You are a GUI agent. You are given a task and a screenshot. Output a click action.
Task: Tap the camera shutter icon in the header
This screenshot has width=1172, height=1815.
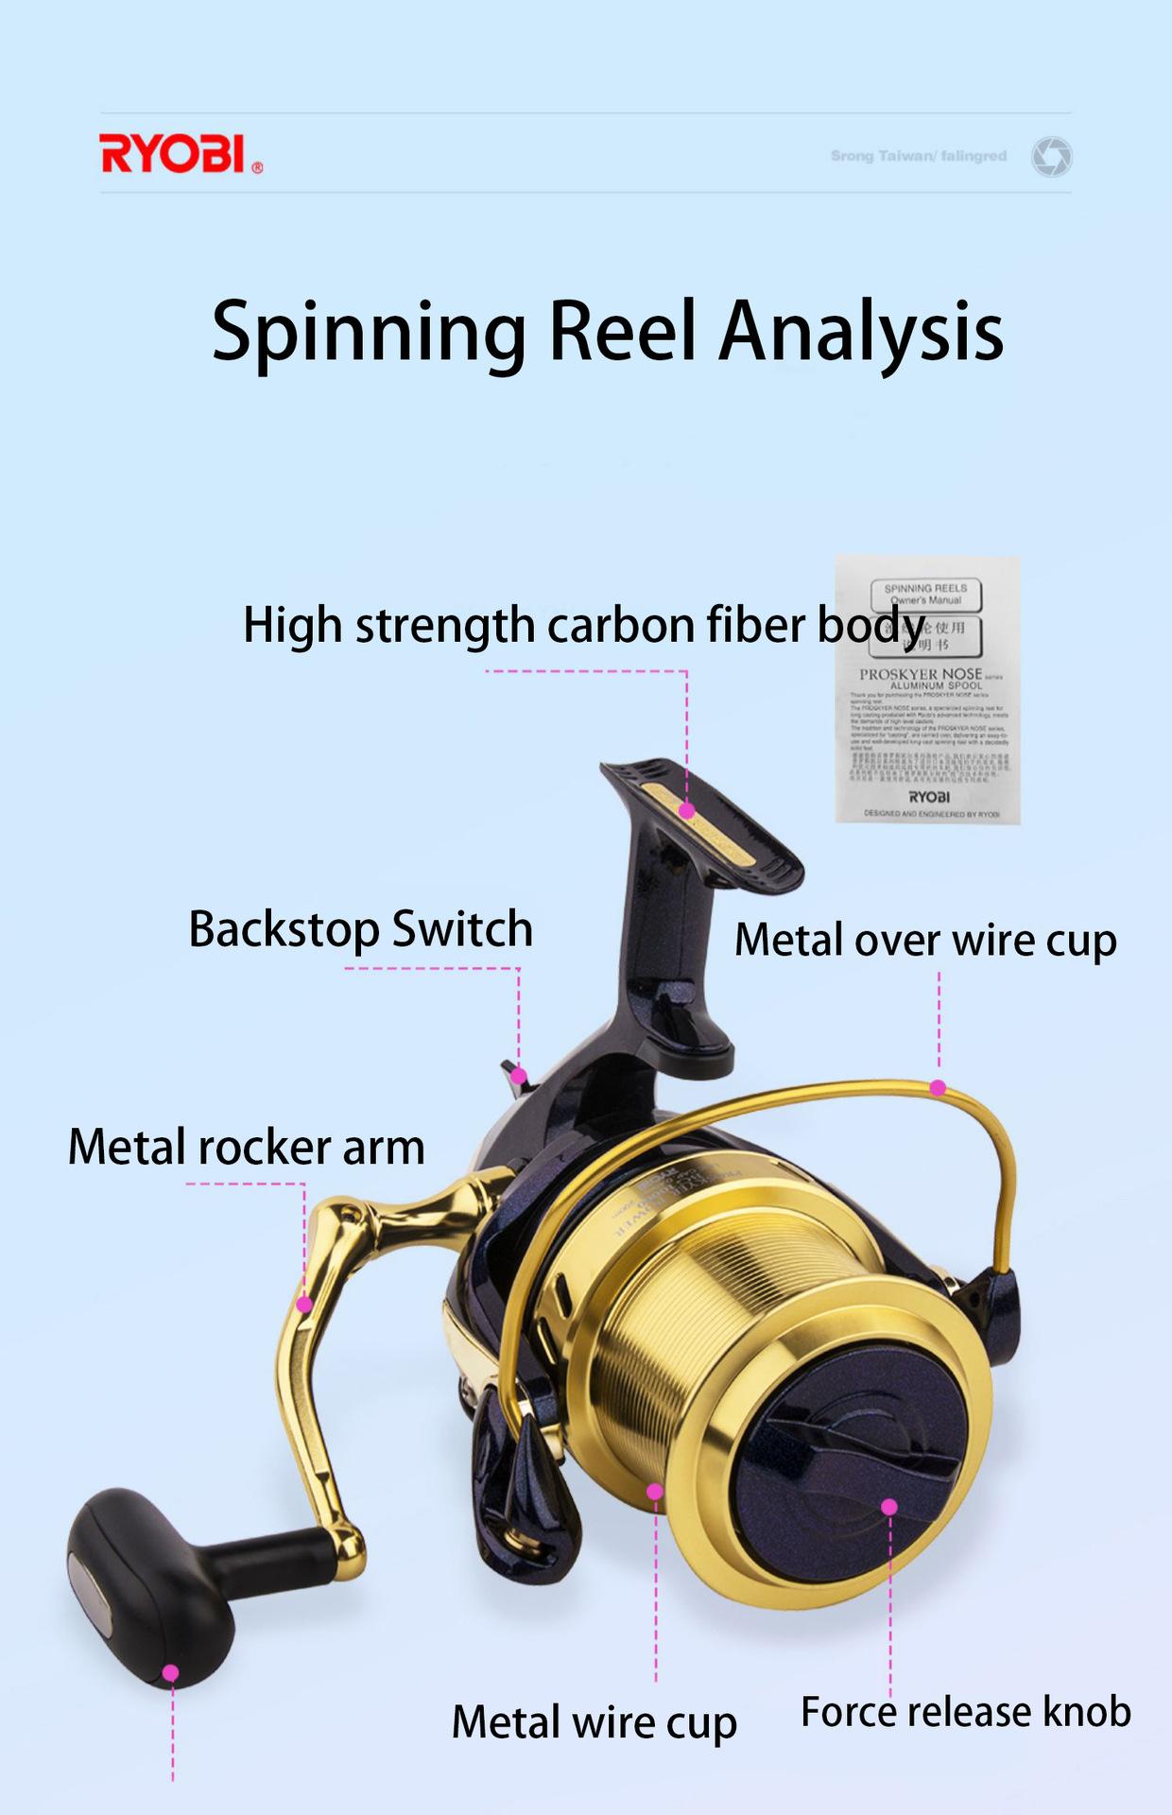(1051, 156)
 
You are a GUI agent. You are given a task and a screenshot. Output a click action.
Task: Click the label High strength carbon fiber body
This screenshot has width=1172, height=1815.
(583, 626)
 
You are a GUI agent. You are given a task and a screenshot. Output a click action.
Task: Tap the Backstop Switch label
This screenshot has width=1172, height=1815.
(360, 929)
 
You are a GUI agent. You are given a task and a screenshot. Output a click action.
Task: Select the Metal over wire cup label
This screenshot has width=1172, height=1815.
(925, 941)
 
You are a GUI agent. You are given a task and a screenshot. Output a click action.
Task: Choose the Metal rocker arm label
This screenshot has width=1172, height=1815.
(246, 1148)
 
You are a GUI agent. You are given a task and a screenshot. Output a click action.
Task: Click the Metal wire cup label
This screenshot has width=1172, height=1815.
(594, 1722)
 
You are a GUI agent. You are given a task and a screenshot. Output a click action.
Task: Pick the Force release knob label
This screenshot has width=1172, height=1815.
(965, 1712)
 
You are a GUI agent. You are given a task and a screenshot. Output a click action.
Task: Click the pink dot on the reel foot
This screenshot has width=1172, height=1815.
(687, 810)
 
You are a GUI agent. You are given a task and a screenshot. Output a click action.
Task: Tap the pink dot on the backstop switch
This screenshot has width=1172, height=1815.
(518, 1076)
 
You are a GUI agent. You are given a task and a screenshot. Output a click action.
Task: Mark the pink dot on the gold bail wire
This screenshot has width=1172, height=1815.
(938, 1088)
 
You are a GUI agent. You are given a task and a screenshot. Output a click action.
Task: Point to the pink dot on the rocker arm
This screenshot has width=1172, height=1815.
(304, 1305)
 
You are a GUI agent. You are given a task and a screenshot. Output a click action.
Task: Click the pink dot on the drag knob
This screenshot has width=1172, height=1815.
(888, 1507)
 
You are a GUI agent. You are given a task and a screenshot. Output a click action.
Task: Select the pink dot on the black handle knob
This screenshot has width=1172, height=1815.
(171, 1673)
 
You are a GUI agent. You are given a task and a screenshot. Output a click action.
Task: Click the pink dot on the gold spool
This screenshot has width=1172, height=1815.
(655, 1492)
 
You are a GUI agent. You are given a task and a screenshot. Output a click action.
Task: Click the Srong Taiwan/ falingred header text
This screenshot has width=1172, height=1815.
(919, 156)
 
